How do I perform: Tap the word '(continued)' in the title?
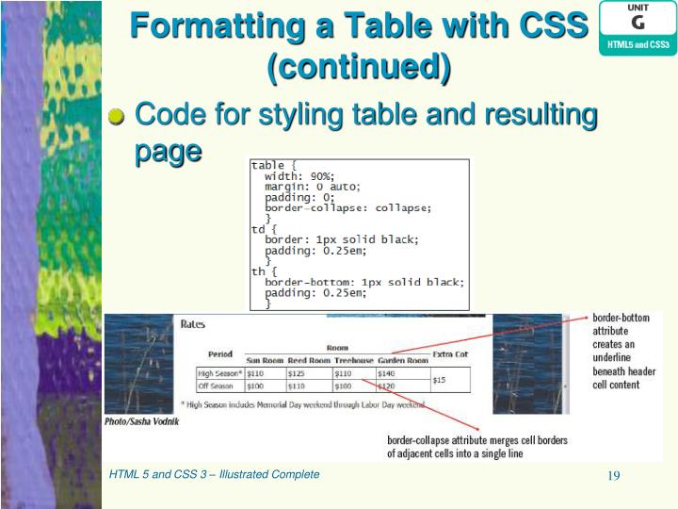pyautogui.click(x=359, y=66)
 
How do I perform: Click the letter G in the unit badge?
pyautogui.click(x=638, y=21)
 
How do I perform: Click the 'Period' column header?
pyautogui.click(x=220, y=353)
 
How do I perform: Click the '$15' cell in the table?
pyautogui.click(x=440, y=380)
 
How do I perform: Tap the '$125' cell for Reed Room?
pyautogui.click(x=297, y=373)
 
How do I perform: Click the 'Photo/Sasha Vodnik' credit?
pyautogui.click(x=141, y=421)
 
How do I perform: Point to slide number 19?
pyautogui.click(x=613, y=475)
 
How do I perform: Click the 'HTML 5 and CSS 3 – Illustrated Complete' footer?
pyautogui.click(x=214, y=474)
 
